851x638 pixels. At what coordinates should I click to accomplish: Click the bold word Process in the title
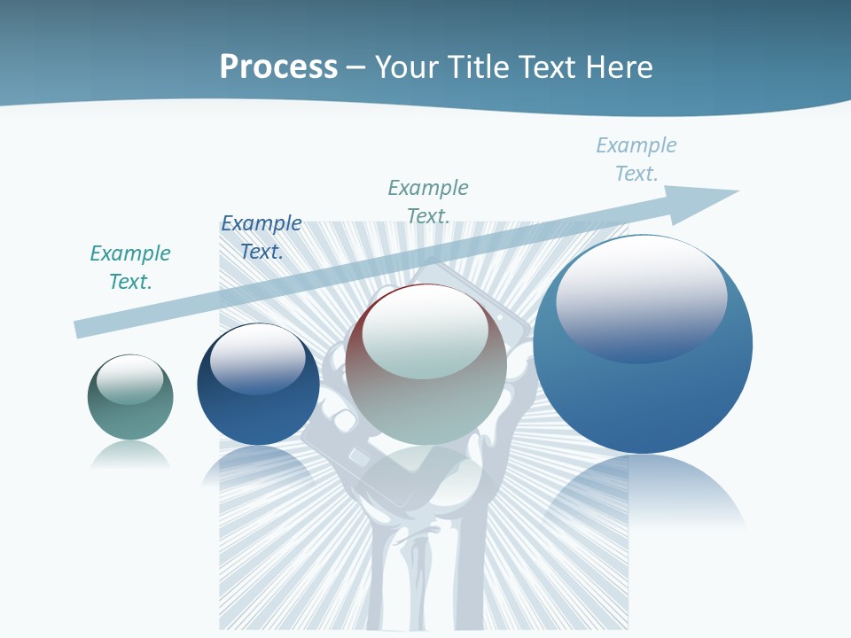[278, 67]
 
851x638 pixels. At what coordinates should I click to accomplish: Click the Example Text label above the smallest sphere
[130, 268]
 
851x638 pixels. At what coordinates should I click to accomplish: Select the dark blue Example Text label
[262, 237]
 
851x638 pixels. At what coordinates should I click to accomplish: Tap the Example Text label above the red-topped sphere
[428, 201]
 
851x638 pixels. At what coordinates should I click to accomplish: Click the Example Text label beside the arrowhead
[636, 159]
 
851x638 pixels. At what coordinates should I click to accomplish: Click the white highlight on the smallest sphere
[130, 378]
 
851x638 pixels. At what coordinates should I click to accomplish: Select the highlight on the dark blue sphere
[258, 360]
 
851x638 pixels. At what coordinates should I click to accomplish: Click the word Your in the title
[406, 67]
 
